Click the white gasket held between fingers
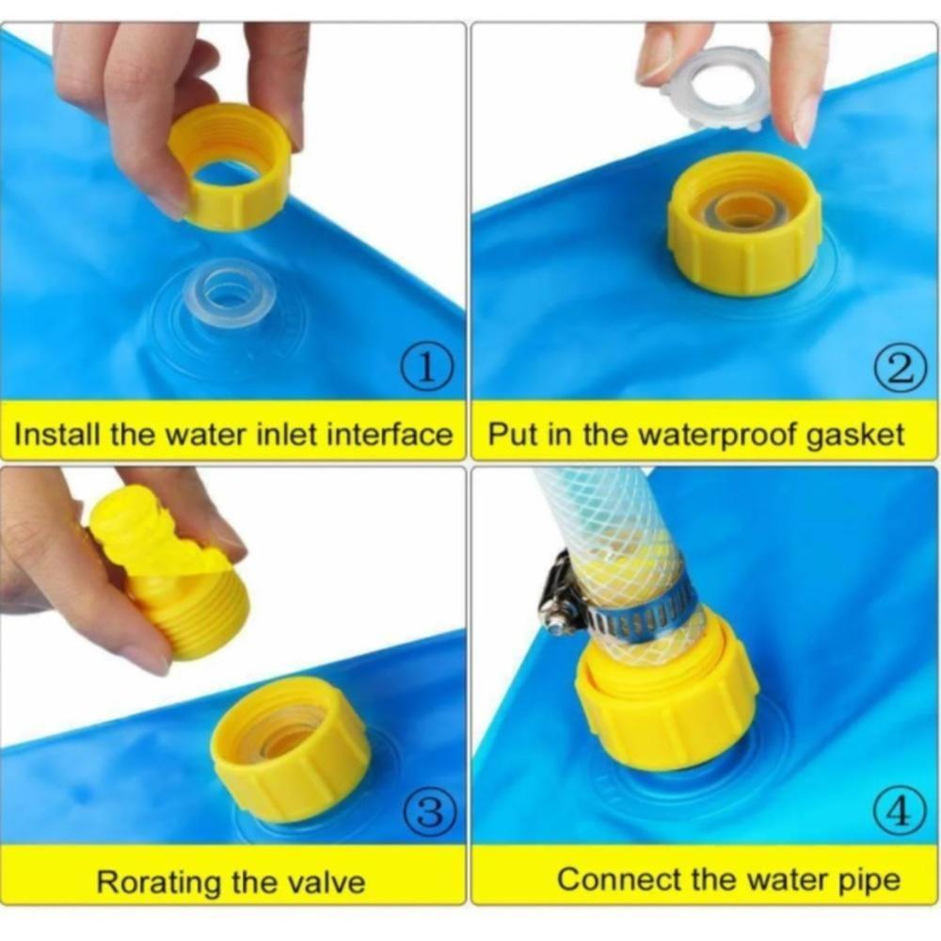pyautogui.click(x=718, y=88)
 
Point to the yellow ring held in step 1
pyautogui.click(x=230, y=167)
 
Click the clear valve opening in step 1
pyautogui.click(x=229, y=294)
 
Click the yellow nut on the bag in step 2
pyautogui.click(x=744, y=224)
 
